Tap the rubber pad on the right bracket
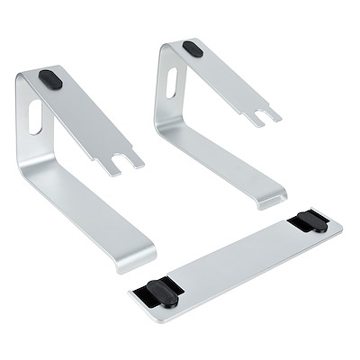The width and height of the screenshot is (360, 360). click(x=192, y=49)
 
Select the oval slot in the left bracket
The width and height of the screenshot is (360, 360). click(x=35, y=116)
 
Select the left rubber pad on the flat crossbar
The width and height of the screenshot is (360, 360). click(x=157, y=289)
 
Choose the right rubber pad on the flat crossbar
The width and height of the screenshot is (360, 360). click(x=312, y=221)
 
